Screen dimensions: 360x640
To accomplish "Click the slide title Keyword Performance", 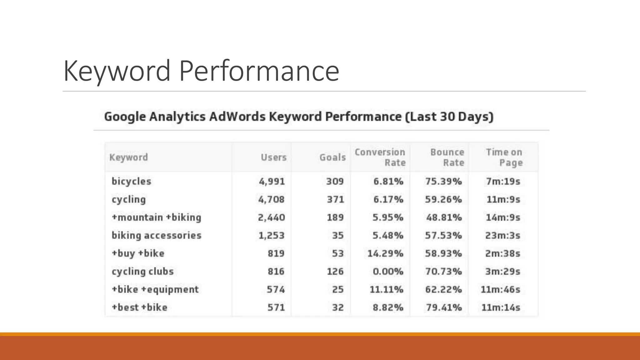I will click(201, 71).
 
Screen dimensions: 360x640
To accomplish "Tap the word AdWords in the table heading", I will click(237, 117).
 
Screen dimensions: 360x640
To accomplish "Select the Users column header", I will click(273, 157).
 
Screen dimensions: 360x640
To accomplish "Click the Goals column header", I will click(332, 157).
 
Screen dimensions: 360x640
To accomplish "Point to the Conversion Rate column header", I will click(380, 157).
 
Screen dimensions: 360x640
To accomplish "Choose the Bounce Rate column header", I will click(447, 157).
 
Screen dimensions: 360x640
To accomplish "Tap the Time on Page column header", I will click(504, 157).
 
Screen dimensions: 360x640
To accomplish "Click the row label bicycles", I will click(131, 181).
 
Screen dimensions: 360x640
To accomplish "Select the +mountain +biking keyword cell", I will click(156, 217).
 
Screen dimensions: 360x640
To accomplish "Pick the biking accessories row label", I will click(156, 235).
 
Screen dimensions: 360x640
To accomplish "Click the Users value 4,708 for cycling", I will click(271, 199).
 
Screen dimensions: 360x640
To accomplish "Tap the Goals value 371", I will click(335, 199).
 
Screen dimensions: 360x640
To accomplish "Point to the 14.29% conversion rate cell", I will click(385, 253).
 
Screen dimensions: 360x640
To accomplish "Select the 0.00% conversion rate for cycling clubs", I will click(388, 271).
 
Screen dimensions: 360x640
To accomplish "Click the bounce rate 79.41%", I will click(444, 307).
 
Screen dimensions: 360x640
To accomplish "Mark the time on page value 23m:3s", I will click(502, 235).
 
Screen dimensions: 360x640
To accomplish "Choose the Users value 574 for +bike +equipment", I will click(276, 289).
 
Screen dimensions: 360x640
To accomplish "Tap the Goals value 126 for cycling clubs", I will click(335, 271).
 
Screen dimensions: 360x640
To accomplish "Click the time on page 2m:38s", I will click(502, 253).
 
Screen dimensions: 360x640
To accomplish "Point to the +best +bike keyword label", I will click(139, 307).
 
